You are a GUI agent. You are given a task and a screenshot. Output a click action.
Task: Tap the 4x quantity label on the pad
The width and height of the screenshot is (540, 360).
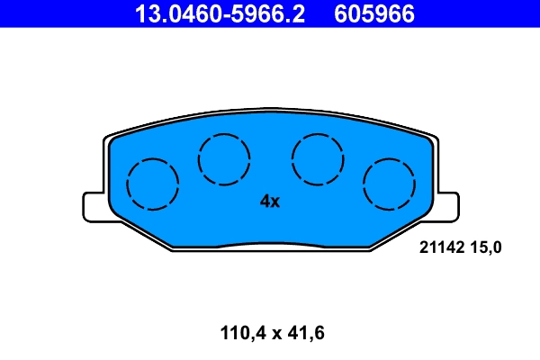(x=270, y=202)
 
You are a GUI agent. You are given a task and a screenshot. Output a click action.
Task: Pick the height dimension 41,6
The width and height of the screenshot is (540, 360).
(x=303, y=333)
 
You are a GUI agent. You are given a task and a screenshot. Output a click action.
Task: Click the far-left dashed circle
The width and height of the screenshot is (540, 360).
(x=153, y=184)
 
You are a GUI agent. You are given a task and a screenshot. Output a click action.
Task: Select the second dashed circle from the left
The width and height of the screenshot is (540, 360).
(x=224, y=158)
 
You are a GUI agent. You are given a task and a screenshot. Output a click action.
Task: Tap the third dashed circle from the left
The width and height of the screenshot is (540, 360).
(x=318, y=158)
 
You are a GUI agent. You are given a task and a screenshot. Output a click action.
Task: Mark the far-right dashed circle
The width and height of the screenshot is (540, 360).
(x=389, y=184)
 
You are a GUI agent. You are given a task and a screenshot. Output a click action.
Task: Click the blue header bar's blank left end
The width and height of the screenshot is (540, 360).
(x=54, y=13)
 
